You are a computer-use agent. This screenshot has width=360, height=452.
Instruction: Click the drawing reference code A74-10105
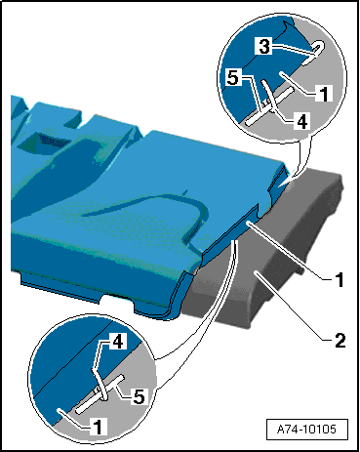pyautogui.click(x=306, y=430)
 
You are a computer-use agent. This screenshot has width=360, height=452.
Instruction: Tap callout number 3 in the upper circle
pyautogui.click(x=264, y=46)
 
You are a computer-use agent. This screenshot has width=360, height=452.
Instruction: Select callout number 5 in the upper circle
pyautogui.click(x=233, y=78)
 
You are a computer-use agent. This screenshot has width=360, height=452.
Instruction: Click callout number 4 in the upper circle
pyautogui.click(x=301, y=121)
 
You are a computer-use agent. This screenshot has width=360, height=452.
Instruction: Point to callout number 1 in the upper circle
pyautogui.click(x=324, y=94)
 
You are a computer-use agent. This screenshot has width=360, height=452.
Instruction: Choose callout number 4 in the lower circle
pyautogui.click(x=117, y=342)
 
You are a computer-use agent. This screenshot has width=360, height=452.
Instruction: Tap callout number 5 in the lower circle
pyautogui.click(x=140, y=396)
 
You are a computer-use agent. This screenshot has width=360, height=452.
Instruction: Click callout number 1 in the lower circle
pyautogui.click(x=99, y=427)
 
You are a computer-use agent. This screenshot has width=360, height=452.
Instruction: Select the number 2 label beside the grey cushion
pyautogui.click(x=340, y=341)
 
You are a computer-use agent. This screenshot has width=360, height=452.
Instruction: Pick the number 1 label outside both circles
pyautogui.click(x=340, y=280)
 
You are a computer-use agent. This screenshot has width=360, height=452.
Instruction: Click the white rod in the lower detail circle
pyautogui.click(x=100, y=394)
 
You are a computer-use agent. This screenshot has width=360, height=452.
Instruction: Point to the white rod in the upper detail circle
pyautogui.click(x=270, y=106)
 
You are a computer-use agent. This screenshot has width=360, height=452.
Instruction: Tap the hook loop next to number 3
pyautogui.click(x=313, y=53)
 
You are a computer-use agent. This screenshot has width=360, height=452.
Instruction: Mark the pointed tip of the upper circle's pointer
pyautogui.click(x=288, y=181)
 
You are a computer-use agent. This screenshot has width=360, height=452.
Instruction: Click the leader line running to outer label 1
pyautogui.click(x=284, y=250)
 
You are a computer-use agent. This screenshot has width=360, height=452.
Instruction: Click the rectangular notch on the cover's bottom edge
pyautogui.click(x=117, y=300)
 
